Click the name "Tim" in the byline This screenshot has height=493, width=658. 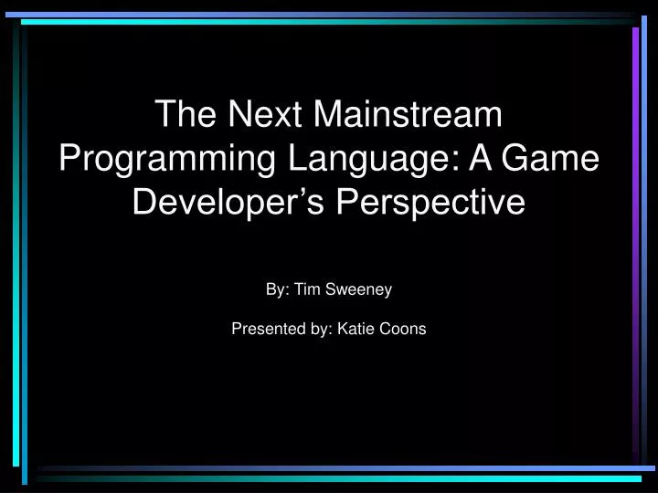[305, 289]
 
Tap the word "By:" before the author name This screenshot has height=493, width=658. [277, 289]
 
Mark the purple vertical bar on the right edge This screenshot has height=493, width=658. [635, 237]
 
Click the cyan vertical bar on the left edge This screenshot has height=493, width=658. [26, 246]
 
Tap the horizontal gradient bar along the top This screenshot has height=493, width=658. [329, 16]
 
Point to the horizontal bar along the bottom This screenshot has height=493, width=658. [338, 476]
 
